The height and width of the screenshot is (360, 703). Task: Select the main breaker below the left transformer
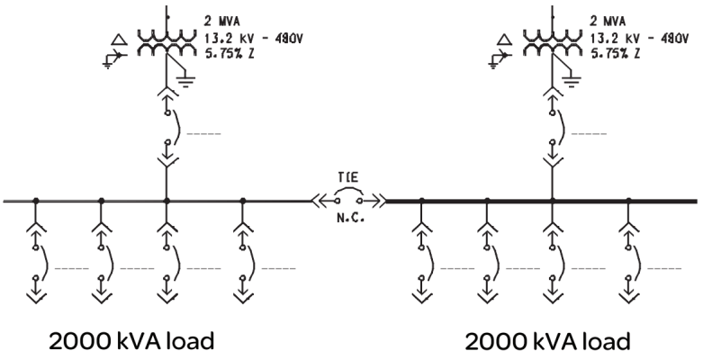pyautogui.click(x=168, y=130)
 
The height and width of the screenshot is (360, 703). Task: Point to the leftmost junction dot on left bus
pyautogui.click(x=35, y=200)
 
